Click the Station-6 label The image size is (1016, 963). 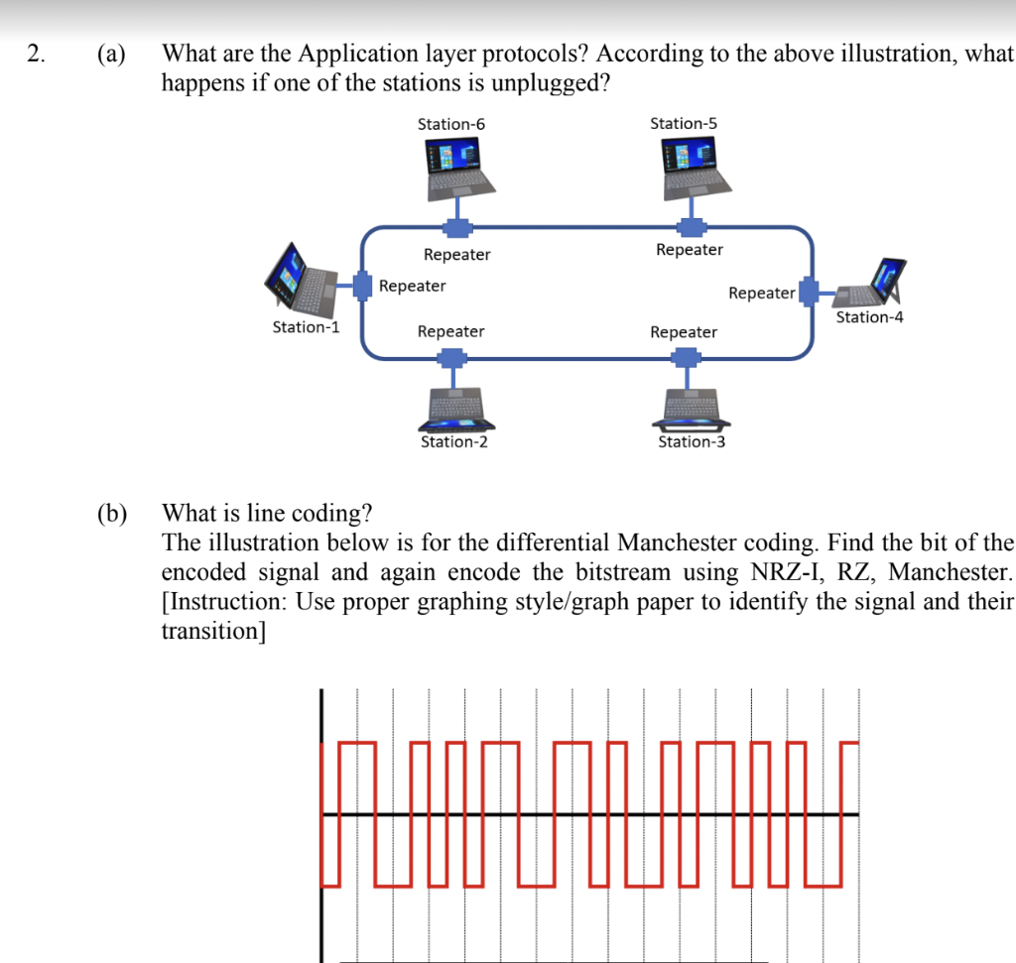[x=451, y=124]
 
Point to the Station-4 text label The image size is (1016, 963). [x=869, y=317]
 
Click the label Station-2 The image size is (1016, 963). [x=453, y=442]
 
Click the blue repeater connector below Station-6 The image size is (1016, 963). [x=455, y=227]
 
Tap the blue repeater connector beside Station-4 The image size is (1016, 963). [x=809, y=292]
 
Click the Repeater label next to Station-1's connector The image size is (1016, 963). [x=413, y=287]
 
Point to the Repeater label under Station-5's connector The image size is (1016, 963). [x=690, y=250]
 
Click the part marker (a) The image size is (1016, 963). [x=112, y=55]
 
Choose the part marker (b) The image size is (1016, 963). [x=113, y=514]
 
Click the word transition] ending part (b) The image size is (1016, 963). [x=212, y=632]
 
